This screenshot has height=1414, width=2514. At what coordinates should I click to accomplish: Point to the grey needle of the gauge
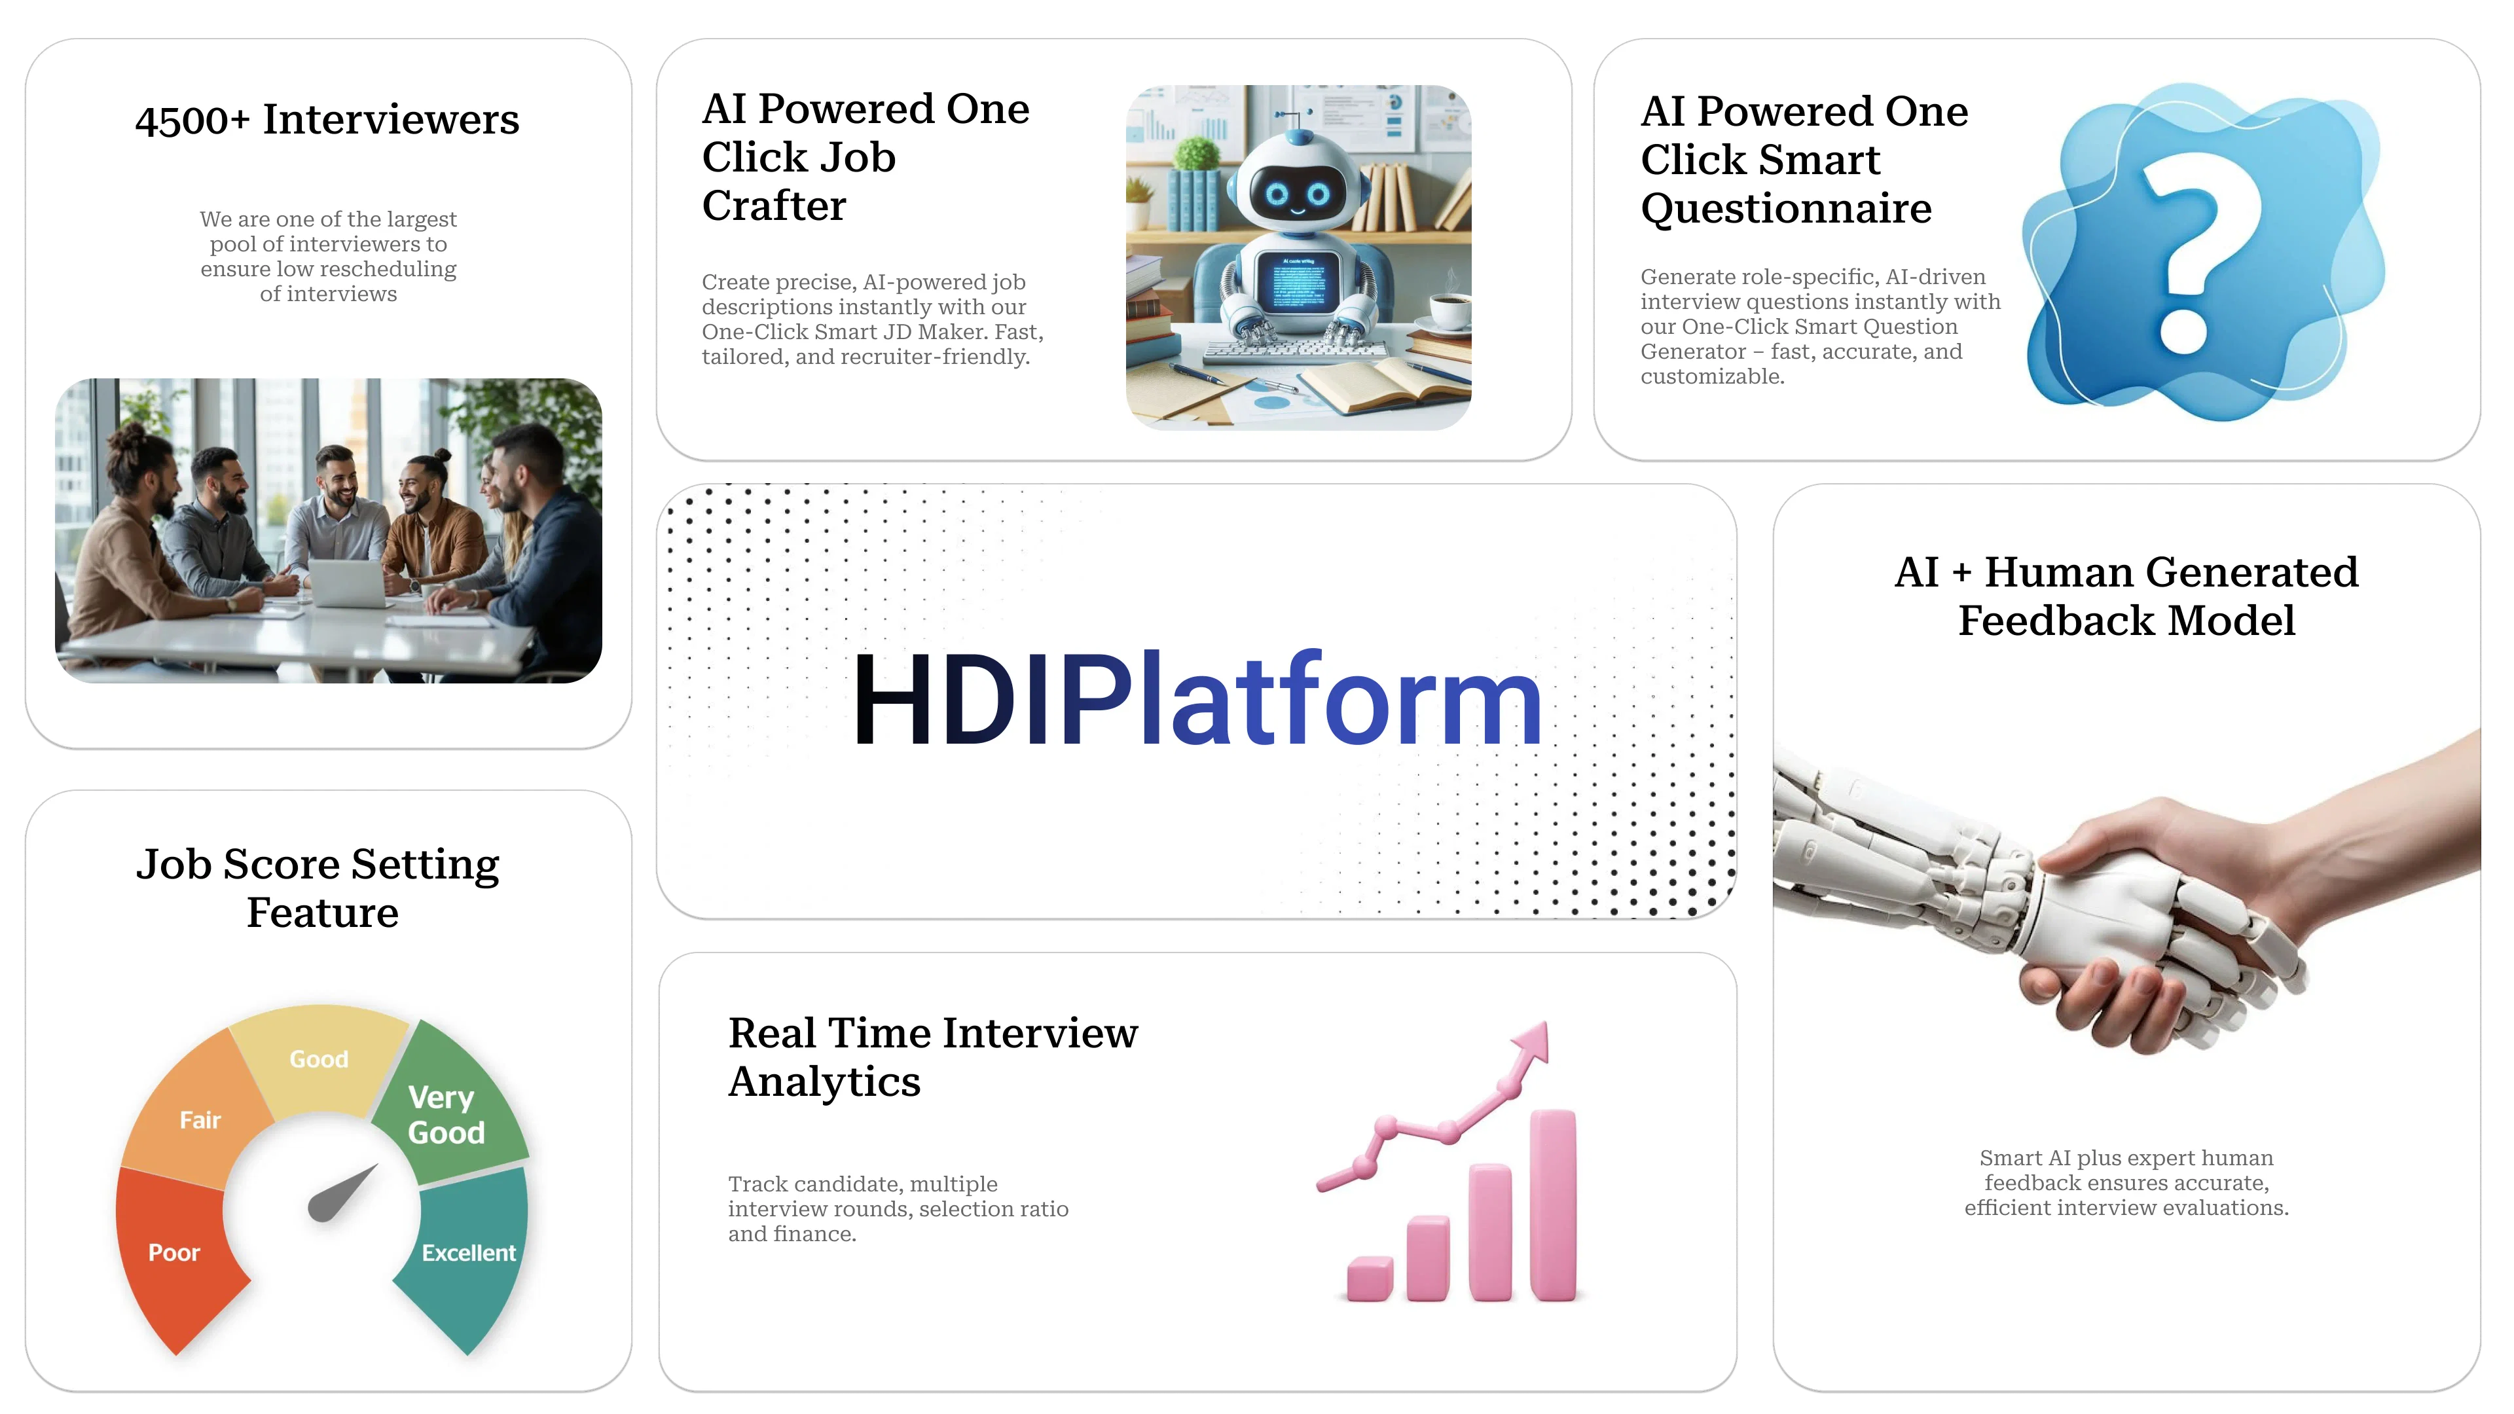tap(342, 1193)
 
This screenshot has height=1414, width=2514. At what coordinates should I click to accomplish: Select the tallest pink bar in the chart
tap(1553, 1205)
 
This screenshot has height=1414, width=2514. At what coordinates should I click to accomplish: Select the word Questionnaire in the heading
tap(1786, 208)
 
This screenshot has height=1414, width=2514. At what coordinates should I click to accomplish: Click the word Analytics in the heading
tap(825, 1082)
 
